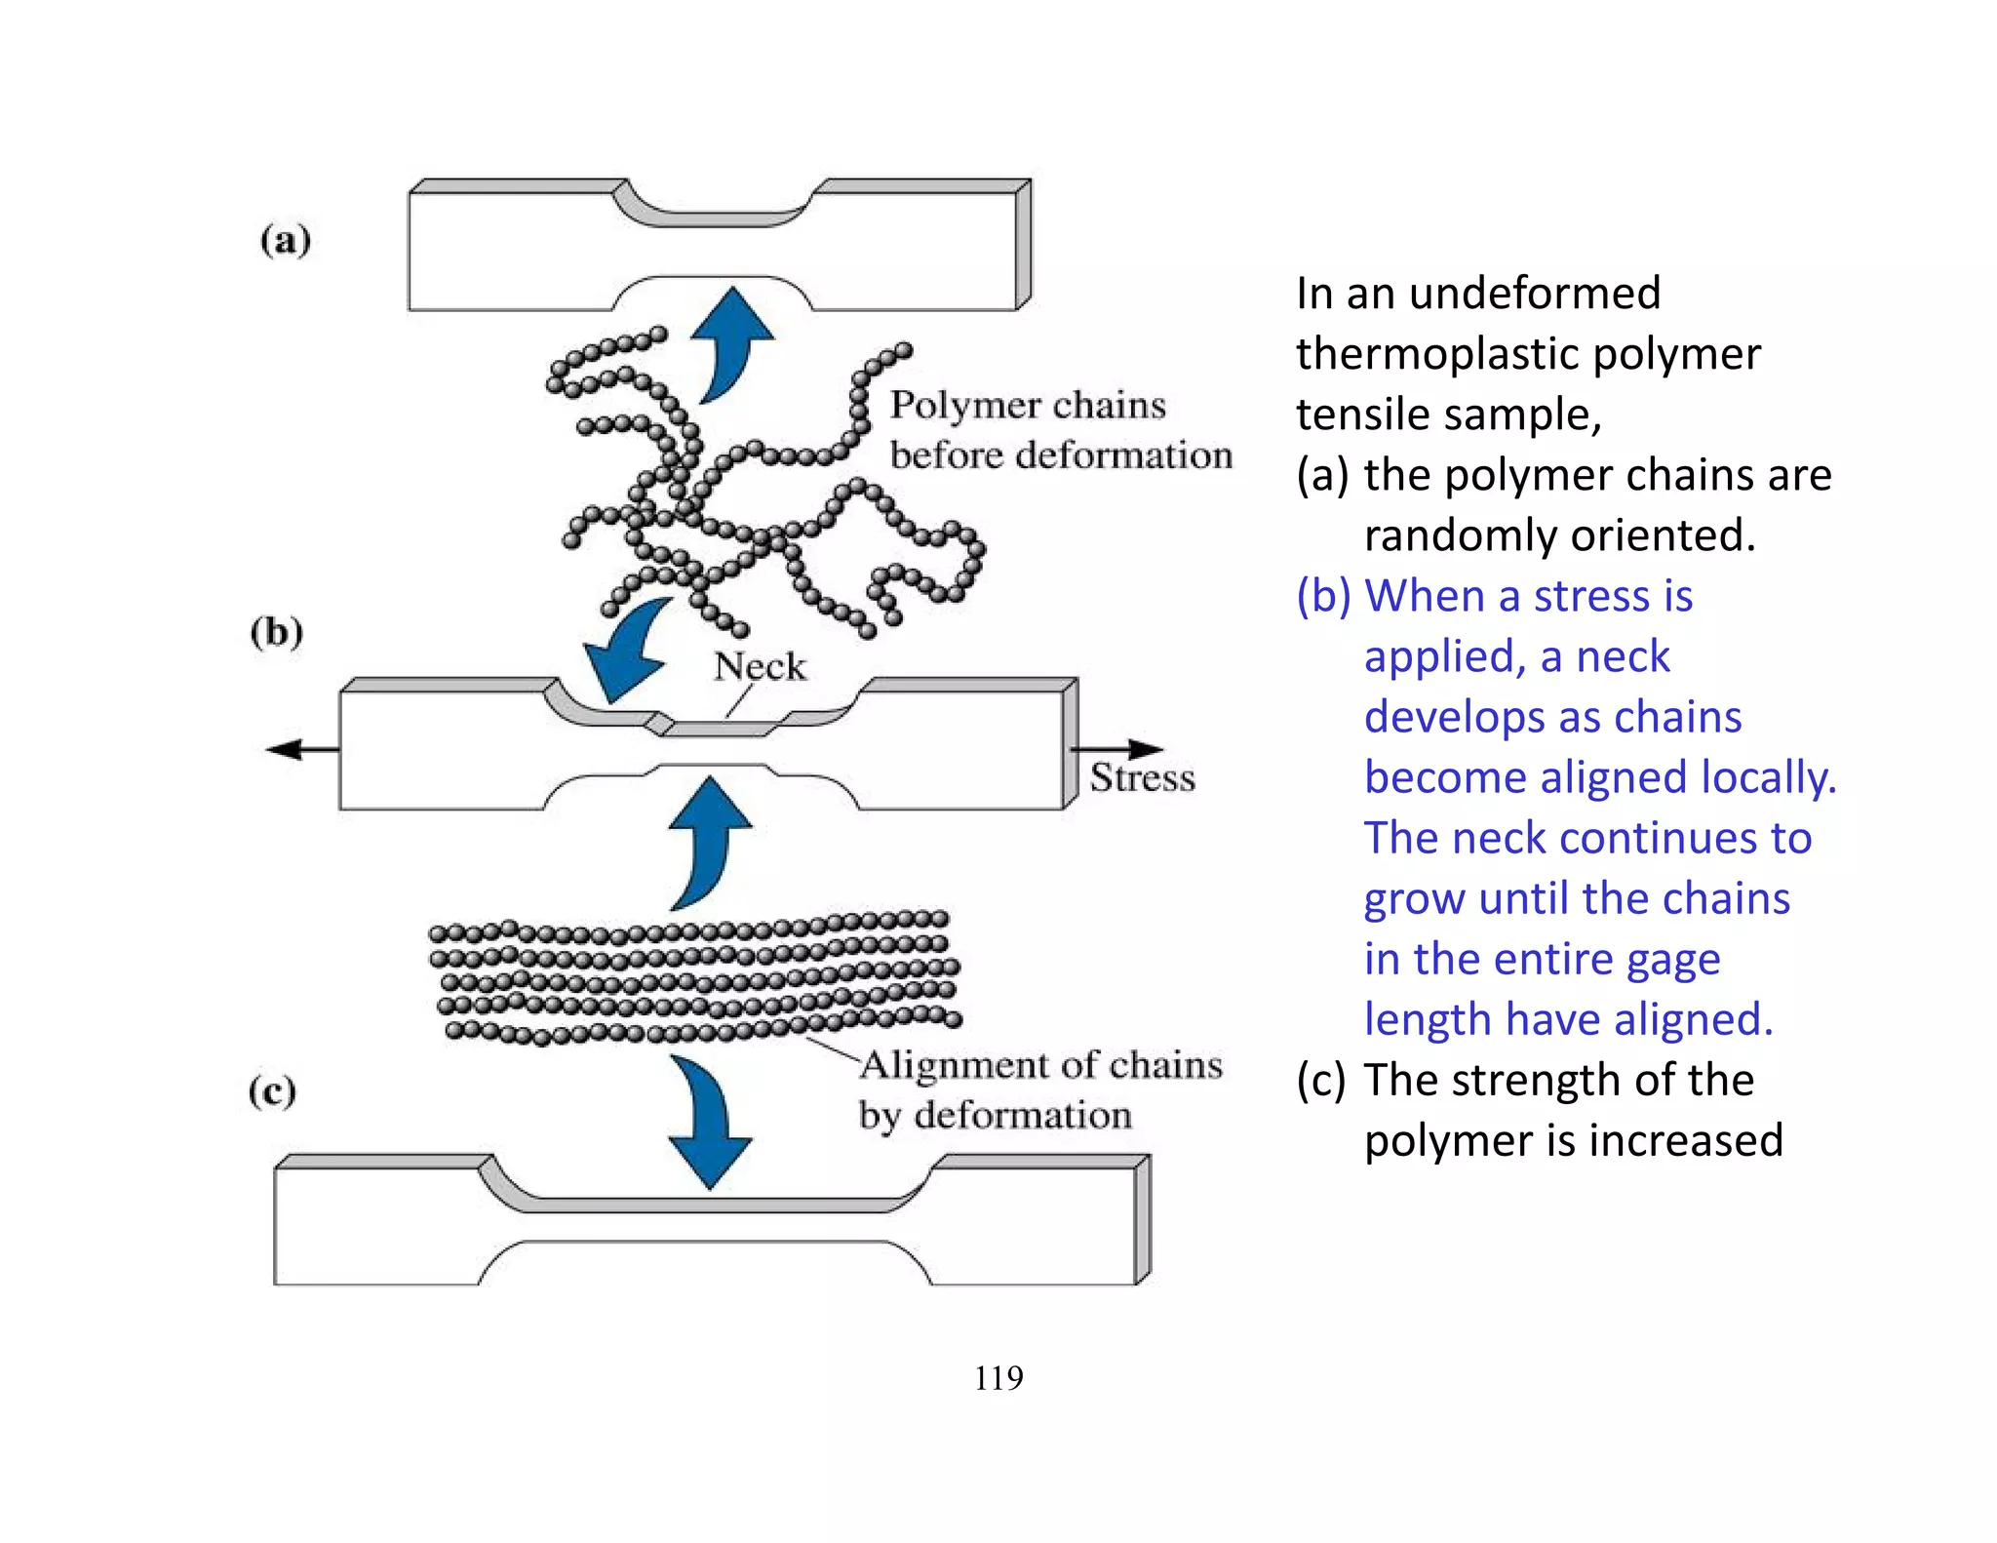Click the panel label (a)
click(286, 240)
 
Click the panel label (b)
click(277, 632)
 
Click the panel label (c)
click(272, 1090)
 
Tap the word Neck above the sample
click(760, 667)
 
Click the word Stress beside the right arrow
click(1142, 778)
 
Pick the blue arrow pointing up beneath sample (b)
click(709, 839)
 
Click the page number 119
click(998, 1378)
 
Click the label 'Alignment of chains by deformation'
click(1039, 1089)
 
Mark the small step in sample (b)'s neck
click(661, 724)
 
